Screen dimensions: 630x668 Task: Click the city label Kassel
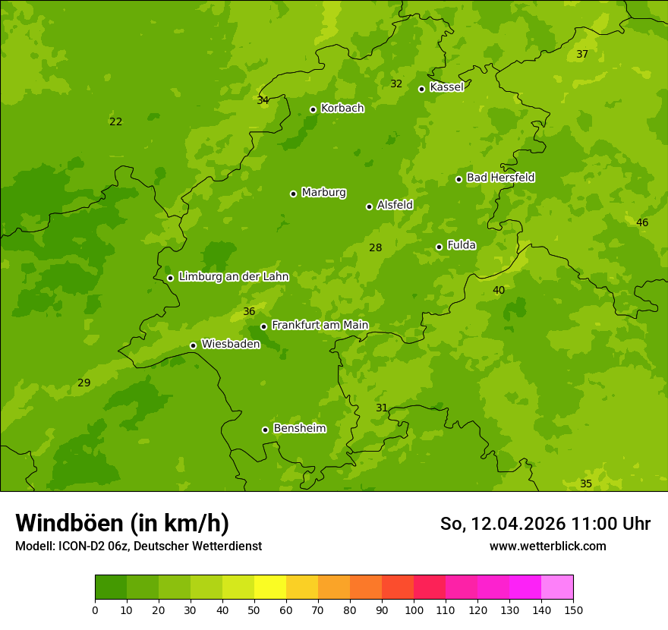[446, 87]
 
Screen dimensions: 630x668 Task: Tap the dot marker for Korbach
[313, 109]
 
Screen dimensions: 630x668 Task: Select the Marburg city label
[323, 193]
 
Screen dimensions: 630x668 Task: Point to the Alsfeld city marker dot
[369, 206]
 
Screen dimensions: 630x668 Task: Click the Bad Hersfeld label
[500, 178]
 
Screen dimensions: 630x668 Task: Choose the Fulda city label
[462, 245]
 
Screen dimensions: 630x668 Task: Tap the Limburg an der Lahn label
[233, 277]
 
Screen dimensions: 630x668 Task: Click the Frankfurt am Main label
[320, 326]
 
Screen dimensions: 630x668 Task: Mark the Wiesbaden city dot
[193, 345]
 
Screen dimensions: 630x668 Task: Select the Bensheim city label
[299, 429]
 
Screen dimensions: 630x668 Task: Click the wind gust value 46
[642, 222]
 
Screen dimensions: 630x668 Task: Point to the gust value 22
[115, 121]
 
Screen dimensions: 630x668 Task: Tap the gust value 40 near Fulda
[499, 290]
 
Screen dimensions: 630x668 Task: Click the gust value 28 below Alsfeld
[375, 247]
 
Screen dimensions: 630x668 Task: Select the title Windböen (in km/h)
[122, 523]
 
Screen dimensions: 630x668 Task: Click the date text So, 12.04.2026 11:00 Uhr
[545, 524]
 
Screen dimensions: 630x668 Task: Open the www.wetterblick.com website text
[547, 546]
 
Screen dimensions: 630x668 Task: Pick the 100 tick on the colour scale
[414, 610]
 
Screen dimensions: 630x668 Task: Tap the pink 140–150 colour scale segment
[557, 587]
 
